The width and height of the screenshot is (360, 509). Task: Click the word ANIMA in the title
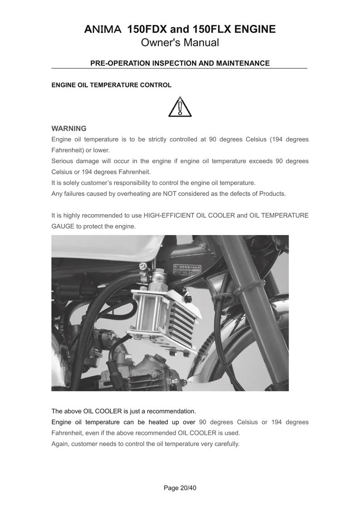(103, 30)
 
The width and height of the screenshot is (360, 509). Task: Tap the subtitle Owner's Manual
(180, 43)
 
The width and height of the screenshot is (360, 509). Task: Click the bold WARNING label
(69, 128)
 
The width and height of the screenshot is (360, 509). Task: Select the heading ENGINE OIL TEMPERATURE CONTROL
(111, 85)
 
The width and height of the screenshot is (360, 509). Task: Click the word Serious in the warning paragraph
(63, 161)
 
